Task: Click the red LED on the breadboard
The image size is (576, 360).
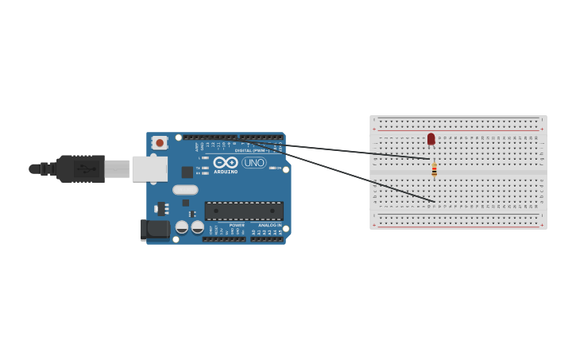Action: (x=431, y=139)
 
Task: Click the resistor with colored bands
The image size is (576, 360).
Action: (x=434, y=170)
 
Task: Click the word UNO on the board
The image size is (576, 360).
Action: (x=254, y=163)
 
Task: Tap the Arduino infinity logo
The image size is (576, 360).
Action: (x=226, y=162)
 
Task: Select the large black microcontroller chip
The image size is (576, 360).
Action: (x=244, y=211)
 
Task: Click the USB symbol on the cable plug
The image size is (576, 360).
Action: (x=86, y=168)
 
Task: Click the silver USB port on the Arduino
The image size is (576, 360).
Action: (x=149, y=168)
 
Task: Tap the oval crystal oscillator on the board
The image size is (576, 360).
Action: (x=185, y=190)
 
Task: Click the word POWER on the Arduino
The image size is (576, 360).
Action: (x=237, y=225)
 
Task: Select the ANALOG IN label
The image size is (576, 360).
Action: (x=269, y=225)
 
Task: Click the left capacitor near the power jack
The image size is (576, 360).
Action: (x=182, y=226)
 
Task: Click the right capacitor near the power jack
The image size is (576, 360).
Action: (x=197, y=226)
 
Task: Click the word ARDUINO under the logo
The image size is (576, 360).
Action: (x=226, y=172)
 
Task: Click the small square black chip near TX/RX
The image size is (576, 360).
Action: (x=187, y=172)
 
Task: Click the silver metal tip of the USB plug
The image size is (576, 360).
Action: (x=117, y=168)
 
